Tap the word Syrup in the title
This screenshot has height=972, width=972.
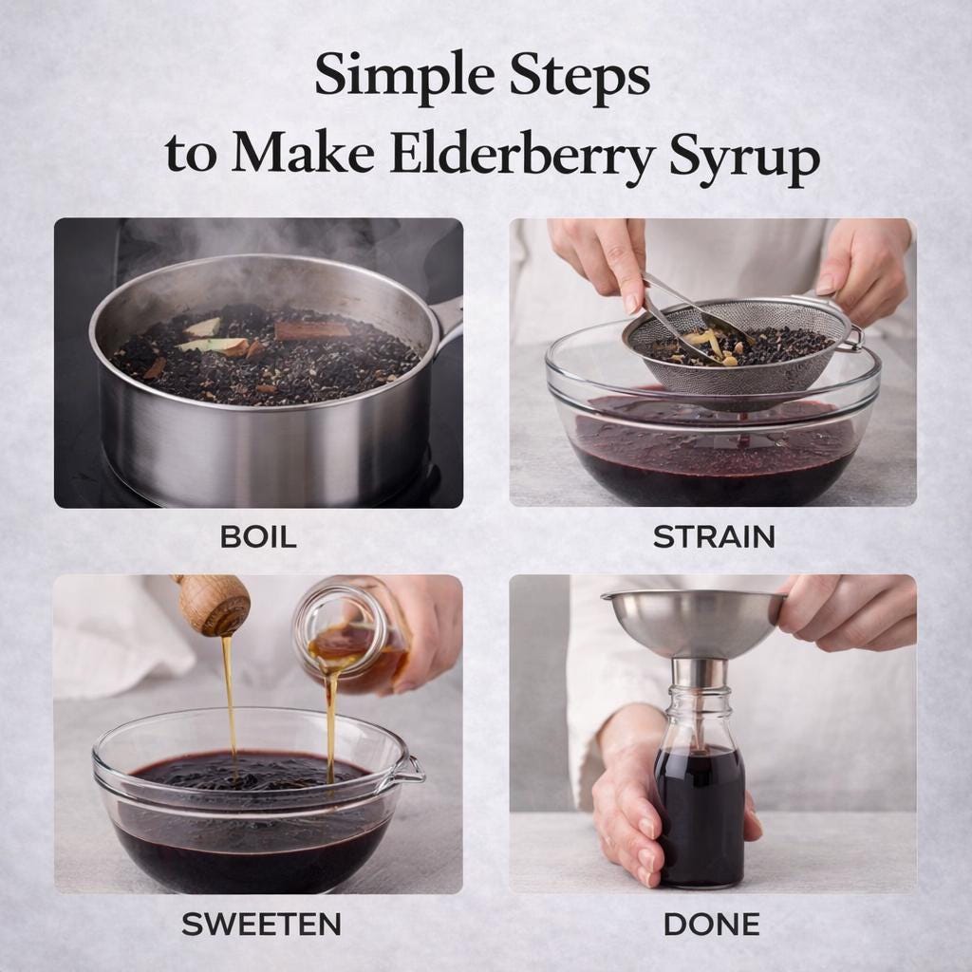click(x=744, y=158)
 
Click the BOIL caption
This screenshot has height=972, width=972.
click(x=258, y=537)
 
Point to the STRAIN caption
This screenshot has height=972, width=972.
click(x=714, y=537)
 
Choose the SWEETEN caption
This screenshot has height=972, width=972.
click(x=261, y=925)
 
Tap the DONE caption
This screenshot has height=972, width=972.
click(x=712, y=925)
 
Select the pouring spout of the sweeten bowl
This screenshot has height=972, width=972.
click(x=409, y=770)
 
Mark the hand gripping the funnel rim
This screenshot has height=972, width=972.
click(x=843, y=615)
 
